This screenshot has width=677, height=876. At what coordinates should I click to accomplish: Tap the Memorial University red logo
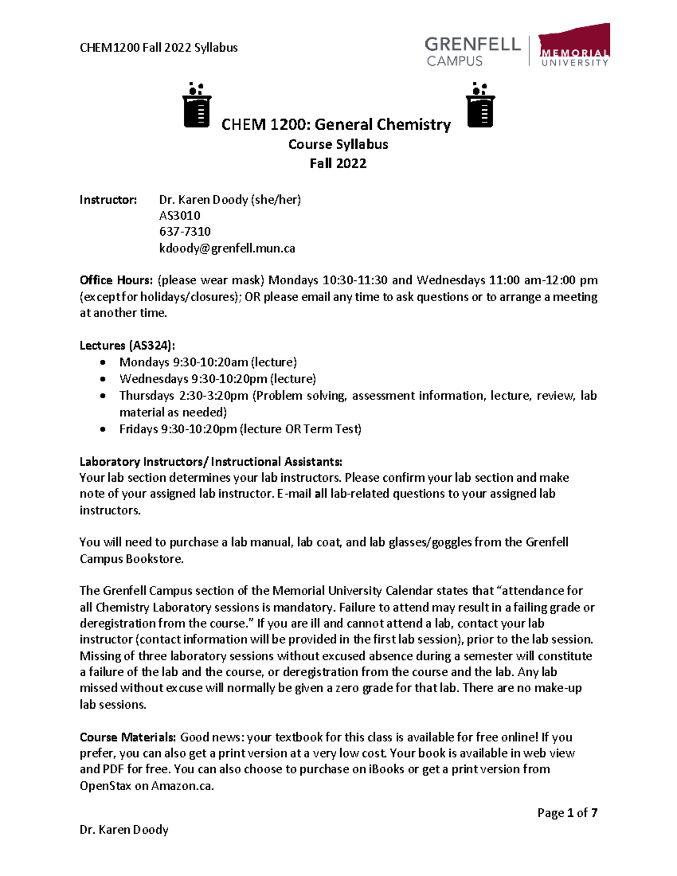[574, 45]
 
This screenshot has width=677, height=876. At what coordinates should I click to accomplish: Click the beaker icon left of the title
[197, 105]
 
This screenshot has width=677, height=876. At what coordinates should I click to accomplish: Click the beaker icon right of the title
[480, 105]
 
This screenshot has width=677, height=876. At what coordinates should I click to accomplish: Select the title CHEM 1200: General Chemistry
[336, 125]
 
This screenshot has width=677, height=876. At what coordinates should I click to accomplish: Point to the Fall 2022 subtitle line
[338, 164]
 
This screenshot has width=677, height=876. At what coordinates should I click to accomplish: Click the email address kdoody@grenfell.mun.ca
[227, 248]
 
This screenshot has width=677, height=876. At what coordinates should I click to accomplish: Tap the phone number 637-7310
[184, 232]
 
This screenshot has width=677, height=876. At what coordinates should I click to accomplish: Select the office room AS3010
[179, 215]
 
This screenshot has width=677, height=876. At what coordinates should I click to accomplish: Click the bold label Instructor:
[108, 200]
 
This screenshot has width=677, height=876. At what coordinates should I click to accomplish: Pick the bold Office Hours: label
[116, 280]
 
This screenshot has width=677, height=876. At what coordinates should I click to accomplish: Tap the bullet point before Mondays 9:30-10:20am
[103, 363]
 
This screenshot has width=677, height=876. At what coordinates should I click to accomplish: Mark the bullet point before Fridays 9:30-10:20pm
[103, 429]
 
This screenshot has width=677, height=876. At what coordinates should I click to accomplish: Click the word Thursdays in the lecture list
[146, 396]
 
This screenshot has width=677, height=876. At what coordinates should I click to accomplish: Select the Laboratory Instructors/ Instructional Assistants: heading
[210, 462]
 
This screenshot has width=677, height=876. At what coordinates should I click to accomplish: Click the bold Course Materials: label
[128, 737]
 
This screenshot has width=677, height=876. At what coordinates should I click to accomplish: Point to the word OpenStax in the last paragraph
[105, 786]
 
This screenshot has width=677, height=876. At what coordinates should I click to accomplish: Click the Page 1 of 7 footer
[567, 813]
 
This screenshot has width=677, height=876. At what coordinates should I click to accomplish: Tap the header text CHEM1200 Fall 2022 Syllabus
[159, 48]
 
